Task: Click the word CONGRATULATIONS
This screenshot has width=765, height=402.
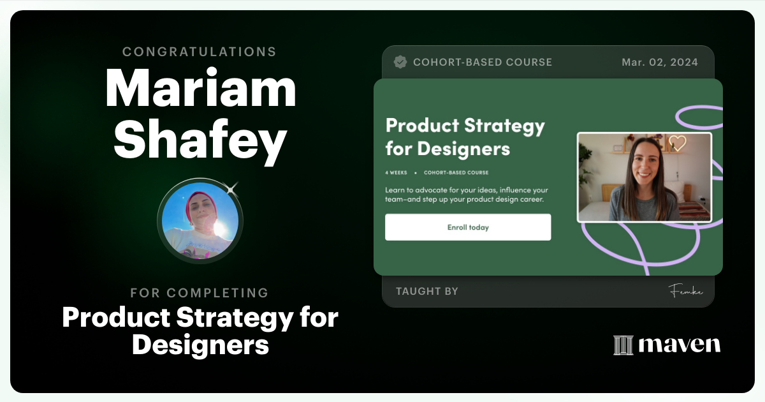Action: tap(200, 52)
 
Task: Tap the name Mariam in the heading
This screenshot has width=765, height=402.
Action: tap(200, 89)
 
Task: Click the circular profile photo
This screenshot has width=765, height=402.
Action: tap(200, 221)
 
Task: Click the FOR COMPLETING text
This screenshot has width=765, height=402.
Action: tap(200, 293)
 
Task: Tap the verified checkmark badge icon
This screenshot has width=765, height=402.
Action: tap(400, 62)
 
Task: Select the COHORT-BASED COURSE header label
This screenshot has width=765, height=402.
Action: tap(483, 63)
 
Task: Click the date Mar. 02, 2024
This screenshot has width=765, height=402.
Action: tap(660, 63)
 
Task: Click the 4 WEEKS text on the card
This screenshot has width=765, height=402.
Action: tap(396, 172)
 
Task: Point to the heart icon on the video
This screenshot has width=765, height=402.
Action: tap(677, 143)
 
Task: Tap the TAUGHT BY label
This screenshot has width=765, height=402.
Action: tap(427, 292)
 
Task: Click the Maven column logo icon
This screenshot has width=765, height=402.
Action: tap(623, 345)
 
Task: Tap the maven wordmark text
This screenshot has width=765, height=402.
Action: tap(679, 345)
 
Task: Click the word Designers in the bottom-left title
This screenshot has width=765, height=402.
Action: tap(200, 345)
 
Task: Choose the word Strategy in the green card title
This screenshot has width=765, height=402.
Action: tap(504, 125)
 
